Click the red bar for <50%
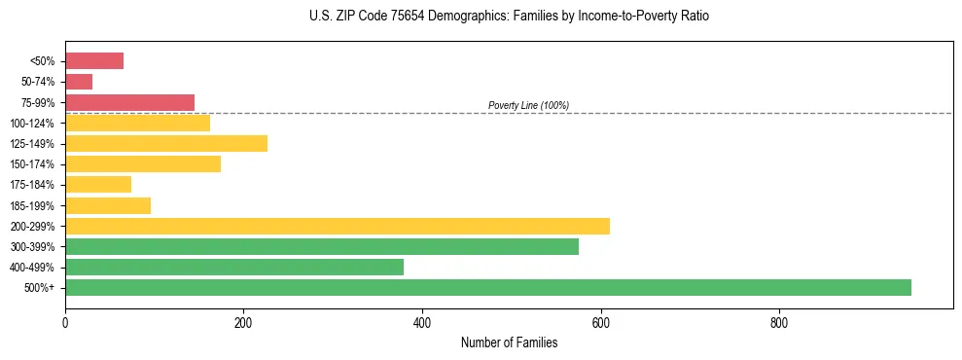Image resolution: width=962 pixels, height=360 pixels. [x=94, y=61]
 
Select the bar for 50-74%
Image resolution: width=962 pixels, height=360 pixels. [x=79, y=82]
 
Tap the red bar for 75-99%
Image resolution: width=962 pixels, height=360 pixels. [x=129, y=102]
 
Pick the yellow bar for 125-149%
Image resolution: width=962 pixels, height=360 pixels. [x=166, y=143]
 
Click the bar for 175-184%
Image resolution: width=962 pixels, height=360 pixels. [x=98, y=184]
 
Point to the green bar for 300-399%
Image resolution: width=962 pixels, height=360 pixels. [x=322, y=246]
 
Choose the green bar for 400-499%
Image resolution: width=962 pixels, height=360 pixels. [x=234, y=267]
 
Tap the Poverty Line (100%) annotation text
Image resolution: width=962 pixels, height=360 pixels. [x=528, y=105]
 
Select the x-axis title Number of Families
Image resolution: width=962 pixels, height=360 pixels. [x=510, y=342]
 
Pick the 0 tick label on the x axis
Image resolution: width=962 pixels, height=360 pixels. [x=65, y=322]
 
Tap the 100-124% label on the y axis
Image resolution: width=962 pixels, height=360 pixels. [x=32, y=124]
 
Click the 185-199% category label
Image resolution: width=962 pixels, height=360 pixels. [x=32, y=205]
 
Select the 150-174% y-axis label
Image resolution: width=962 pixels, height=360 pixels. [x=32, y=164]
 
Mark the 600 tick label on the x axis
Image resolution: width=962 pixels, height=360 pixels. [x=601, y=322]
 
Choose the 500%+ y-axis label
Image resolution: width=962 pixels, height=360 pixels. [x=39, y=288]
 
